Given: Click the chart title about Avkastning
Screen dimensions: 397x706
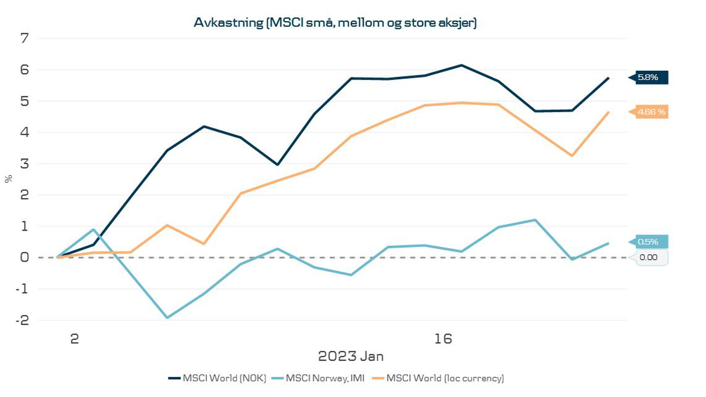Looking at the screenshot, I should pyautogui.click(x=335, y=23).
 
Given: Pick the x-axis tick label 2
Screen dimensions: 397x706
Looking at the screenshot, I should pyautogui.click(x=75, y=339).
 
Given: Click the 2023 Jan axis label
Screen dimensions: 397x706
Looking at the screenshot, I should pyautogui.click(x=351, y=356).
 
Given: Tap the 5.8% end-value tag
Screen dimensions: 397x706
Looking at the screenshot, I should pyautogui.click(x=652, y=77).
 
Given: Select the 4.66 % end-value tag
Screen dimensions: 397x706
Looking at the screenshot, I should pyautogui.click(x=652, y=112).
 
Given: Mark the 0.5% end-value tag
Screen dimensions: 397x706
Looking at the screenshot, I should pyautogui.click(x=652, y=242).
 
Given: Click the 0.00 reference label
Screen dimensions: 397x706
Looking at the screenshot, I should pyautogui.click(x=652, y=257).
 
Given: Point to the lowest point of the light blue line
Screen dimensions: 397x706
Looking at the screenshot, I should pyautogui.click(x=167, y=318).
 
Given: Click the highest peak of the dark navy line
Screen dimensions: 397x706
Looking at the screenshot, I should pyautogui.click(x=461, y=65).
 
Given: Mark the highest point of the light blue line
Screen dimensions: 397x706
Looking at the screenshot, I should pyautogui.click(x=535, y=220).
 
